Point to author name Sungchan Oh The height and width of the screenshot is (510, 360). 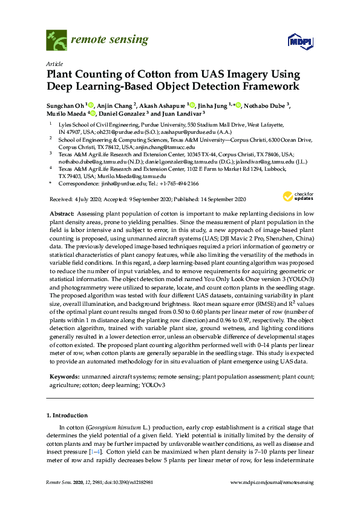point(66,106)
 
